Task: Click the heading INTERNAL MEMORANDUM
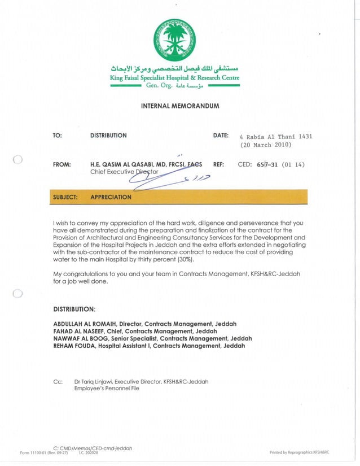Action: click(179, 106)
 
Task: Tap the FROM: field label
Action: click(62, 165)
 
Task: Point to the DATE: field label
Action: click(221, 136)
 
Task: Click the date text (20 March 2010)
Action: click(264, 145)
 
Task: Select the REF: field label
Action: click(219, 165)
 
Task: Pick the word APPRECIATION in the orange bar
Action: click(111, 197)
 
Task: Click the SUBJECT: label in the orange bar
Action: click(65, 197)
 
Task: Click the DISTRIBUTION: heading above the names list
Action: click(74, 310)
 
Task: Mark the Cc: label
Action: click(57, 382)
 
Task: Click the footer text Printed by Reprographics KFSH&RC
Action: click(300, 452)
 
